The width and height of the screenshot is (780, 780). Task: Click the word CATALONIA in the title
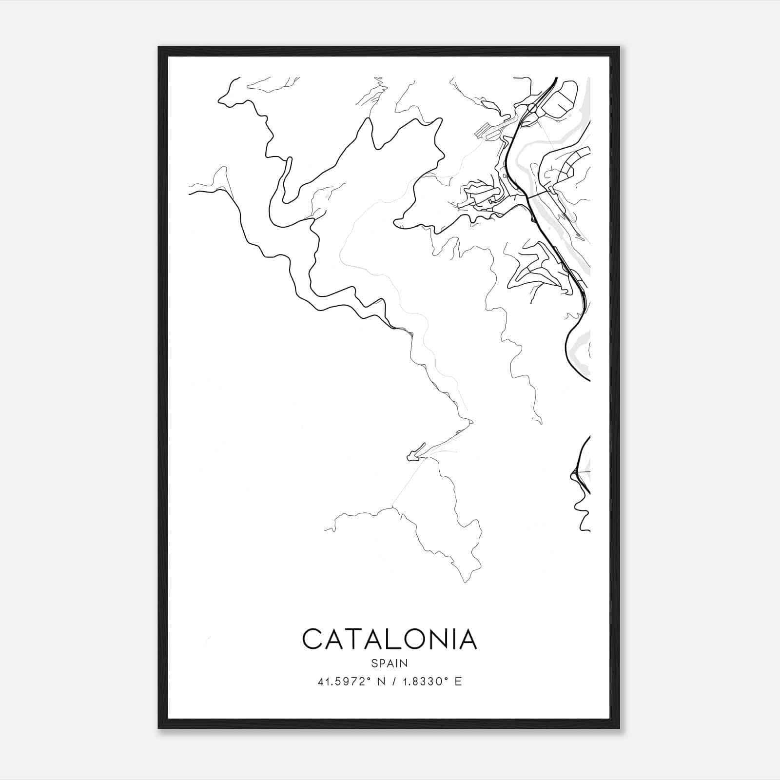390,639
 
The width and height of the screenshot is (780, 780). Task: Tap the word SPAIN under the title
390,663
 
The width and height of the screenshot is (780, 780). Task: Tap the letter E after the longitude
458,682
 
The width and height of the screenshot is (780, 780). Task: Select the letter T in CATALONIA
354,639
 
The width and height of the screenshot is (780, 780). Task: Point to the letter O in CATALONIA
414,639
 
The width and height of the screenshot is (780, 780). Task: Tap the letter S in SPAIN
374,663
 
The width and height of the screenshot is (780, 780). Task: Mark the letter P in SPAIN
382,663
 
